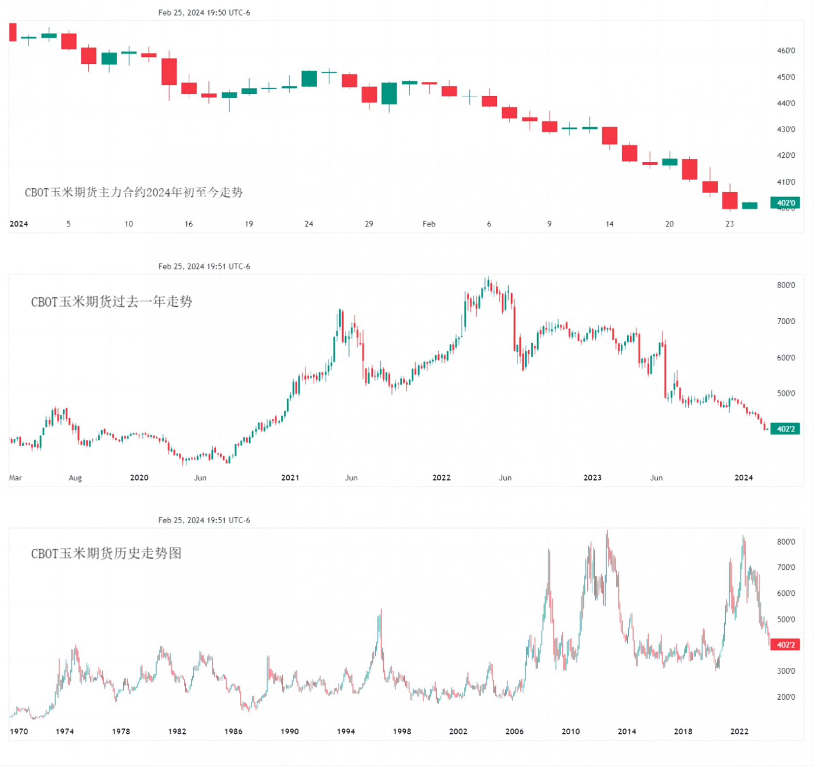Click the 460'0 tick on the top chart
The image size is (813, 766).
coord(786,51)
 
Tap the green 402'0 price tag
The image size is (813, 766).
coord(785,203)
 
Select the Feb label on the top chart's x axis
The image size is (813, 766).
coord(429,224)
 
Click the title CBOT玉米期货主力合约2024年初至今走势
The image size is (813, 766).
coord(134,192)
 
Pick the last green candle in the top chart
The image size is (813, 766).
coord(749,205)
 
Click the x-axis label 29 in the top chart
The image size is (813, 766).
coord(369,224)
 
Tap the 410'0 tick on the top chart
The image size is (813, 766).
coord(786,182)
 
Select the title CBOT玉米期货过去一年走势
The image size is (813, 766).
coord(111,301)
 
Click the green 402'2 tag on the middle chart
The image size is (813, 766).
coord(785,429)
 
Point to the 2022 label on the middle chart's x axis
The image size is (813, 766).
coord(441,477)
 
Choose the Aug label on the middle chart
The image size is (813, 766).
coord(75,477)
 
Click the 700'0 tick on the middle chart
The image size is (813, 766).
coord(786,321)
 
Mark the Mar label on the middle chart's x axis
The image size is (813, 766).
coord(16,477)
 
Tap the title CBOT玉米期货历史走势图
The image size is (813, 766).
coord(106,553)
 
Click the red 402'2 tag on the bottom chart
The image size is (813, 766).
coord(785,645)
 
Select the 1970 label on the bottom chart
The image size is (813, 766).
coord(19,731)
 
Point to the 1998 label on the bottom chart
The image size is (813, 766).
coord(402,731)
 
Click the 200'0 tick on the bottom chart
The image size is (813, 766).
coord(786,697)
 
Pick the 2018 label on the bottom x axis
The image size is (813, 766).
coord(683,731)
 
